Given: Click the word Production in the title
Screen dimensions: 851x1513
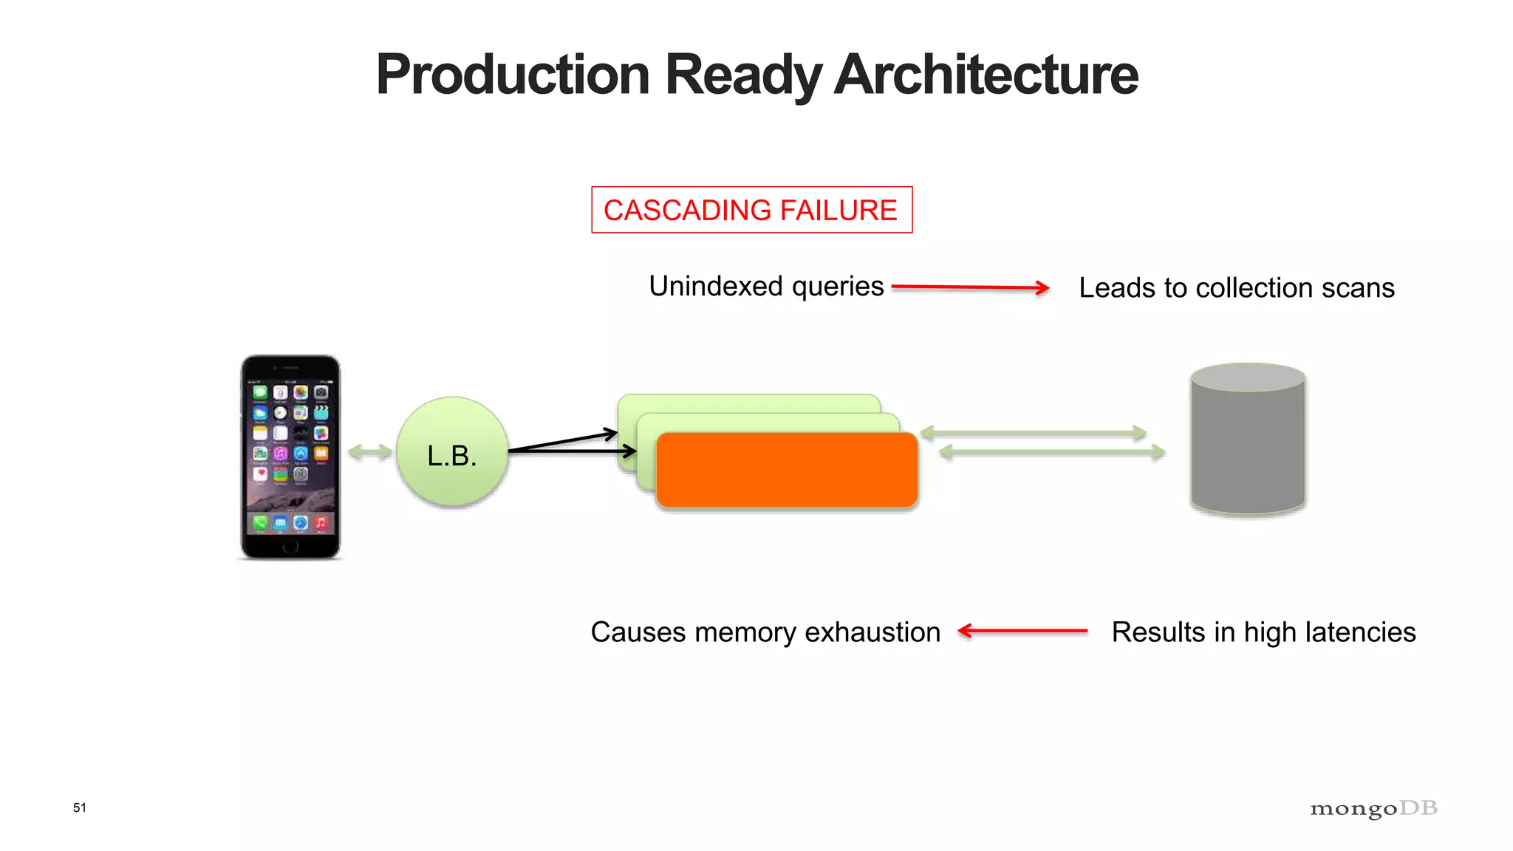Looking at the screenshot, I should tap(513, 75).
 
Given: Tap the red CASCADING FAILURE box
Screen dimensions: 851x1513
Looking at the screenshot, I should tap(751, 211).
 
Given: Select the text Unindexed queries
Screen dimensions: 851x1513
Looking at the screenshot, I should tap(766, 287).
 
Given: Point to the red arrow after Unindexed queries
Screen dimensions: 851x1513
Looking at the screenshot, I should tap(970, 287).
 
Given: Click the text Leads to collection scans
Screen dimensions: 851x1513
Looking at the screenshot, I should tap(1236, 288).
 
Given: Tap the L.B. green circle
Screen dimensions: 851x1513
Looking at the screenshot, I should tap(452, 452).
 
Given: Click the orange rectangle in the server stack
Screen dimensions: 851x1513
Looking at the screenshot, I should tap(787, 471).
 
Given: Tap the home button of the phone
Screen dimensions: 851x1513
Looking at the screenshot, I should tap(290, 547).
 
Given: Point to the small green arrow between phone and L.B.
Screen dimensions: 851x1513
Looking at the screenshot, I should tap(369, 452).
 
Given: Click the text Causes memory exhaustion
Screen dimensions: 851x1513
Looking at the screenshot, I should tap(765, 632).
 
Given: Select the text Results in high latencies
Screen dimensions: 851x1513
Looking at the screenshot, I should tap(1263, 632).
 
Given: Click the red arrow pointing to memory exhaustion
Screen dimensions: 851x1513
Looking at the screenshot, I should tap(1022, 631).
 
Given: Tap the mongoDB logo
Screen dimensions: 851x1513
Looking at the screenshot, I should tap(1373, 808).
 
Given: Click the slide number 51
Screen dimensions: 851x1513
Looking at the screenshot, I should tap(80, 807).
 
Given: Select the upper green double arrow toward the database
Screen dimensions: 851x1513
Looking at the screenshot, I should tap(1033, 433).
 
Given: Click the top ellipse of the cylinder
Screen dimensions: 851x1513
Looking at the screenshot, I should tap(1248, 377).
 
